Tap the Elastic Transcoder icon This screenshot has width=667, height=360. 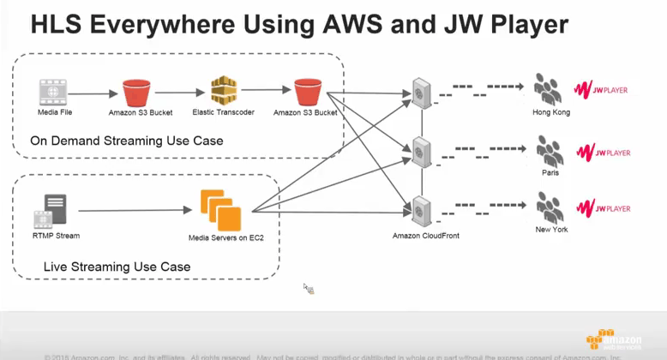tap(222, 91)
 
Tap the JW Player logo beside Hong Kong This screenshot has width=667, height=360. tap(602, 88)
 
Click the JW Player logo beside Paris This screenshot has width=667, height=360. tap(602, 152)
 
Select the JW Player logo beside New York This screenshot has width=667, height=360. tap(602, 207)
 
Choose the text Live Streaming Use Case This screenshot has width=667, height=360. tap(117, 267)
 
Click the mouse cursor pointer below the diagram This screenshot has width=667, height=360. tap(308, 289)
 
